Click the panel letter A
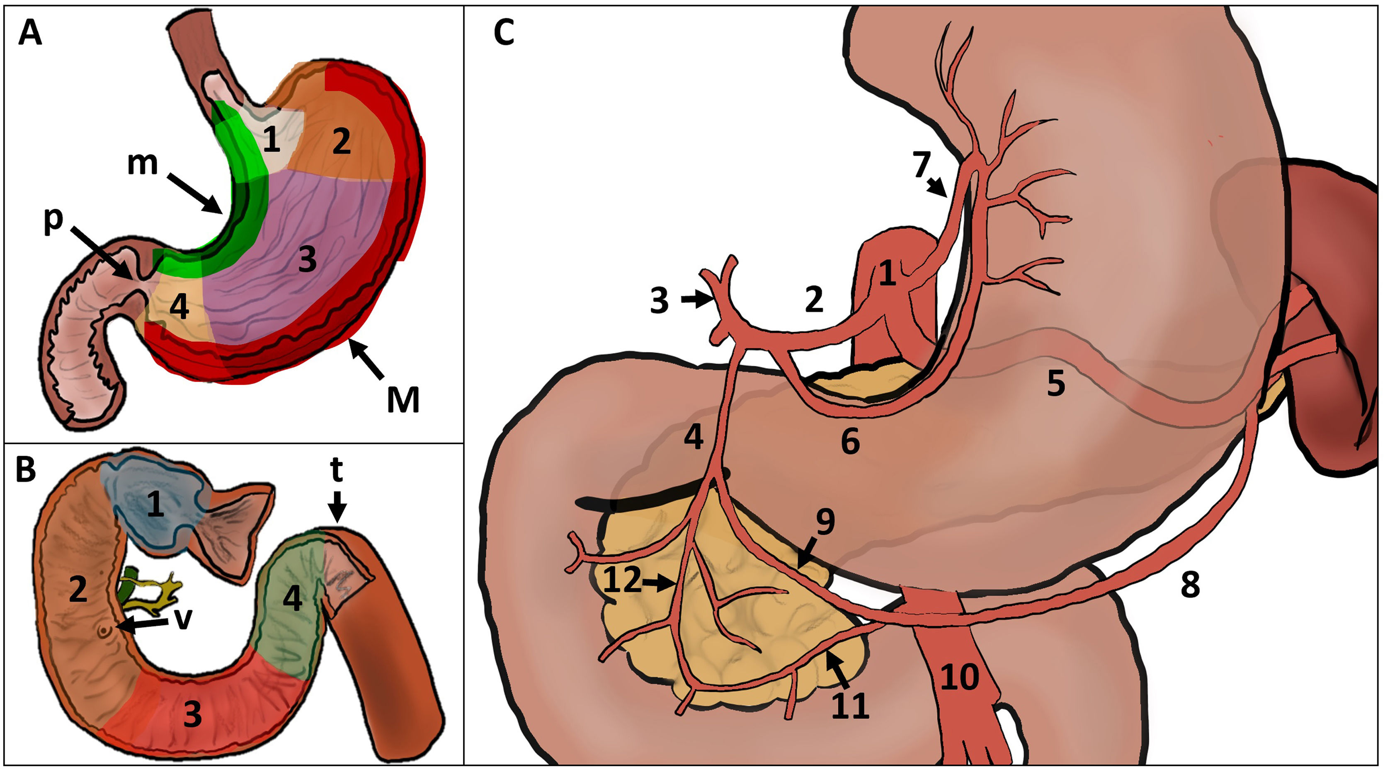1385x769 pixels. pos(30,33)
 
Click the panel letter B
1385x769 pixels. pos(26,469)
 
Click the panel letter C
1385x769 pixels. pos(504,33)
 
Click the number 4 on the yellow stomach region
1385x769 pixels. pos(179,308)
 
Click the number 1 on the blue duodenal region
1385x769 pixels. pos(155,505)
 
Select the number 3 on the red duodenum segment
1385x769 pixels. pos(192,715)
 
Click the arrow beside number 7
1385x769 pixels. pos(937,186)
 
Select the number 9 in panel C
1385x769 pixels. pos(825,521)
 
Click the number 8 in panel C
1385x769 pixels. pos(1190,585)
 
